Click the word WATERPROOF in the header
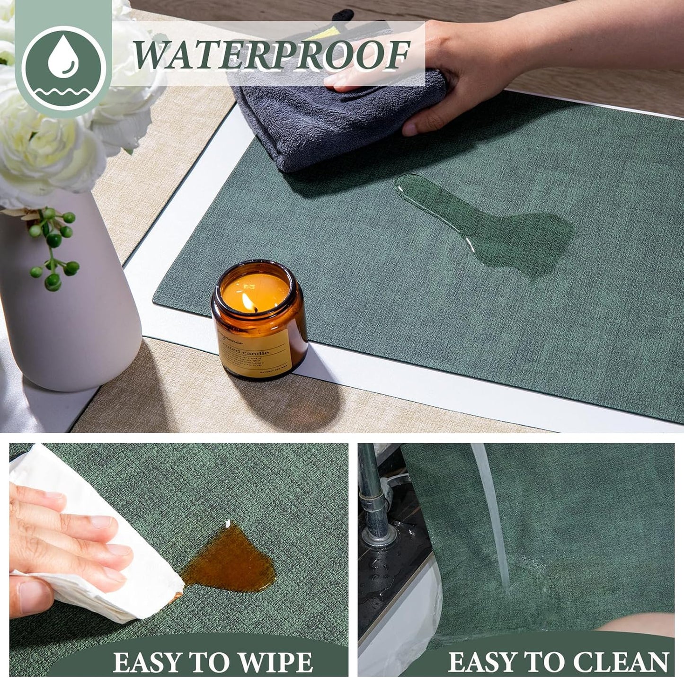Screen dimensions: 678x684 [x=271, y=55]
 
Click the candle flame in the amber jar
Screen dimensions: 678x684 [x=247, y=301]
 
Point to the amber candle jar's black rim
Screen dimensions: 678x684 [x=258, y=272]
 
